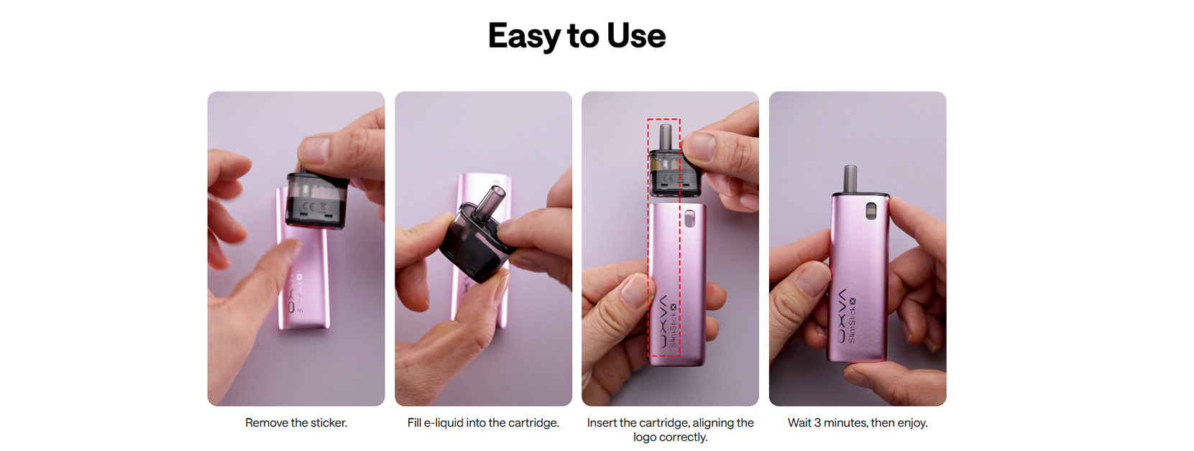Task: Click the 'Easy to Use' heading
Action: tap(577, 36)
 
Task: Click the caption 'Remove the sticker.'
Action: tap(296, 423)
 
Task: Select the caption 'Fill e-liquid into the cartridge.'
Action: tap(483, 423)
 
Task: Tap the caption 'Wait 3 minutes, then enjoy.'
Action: tap(858, 423)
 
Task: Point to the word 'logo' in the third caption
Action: tap(644, 437)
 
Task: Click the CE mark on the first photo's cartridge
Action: tap(308, 206)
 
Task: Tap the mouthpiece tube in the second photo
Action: tap(489, 203)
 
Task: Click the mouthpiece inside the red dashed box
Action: tap(666, 137)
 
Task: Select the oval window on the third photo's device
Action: tap(689, 218)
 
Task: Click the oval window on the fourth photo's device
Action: tap(871, 210)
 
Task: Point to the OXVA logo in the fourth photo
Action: tap(842, 316)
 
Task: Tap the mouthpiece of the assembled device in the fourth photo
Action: tap(848, 179)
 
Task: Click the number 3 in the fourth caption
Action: tap(817, 423)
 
